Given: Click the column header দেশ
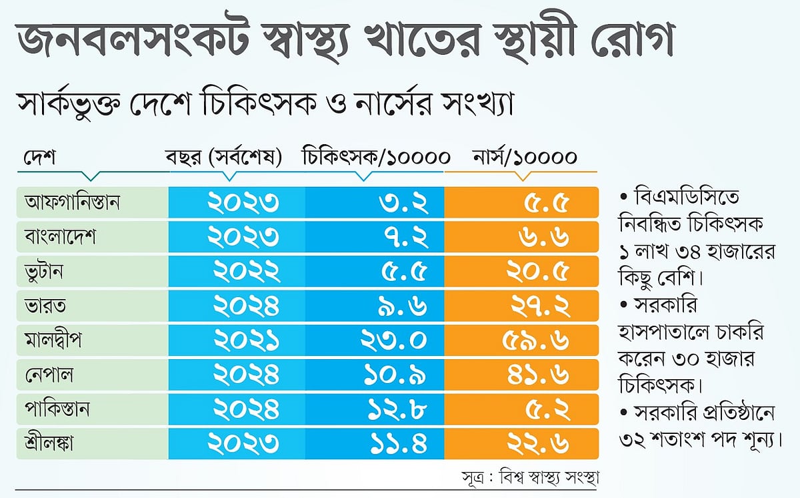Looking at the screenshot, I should coord(39,158).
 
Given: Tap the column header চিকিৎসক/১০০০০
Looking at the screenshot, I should coord(376,158).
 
